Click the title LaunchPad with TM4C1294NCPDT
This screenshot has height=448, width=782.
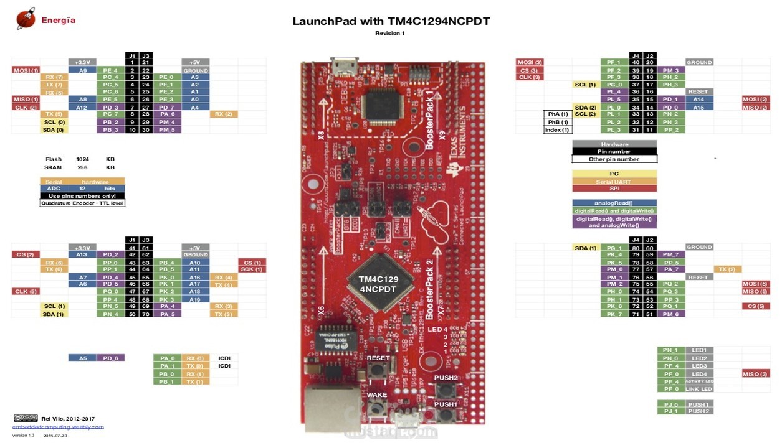391,22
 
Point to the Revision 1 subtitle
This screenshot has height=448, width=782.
389,34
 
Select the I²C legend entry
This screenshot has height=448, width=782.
614,174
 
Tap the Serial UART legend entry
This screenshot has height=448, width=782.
614,181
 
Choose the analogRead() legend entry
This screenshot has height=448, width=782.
614,203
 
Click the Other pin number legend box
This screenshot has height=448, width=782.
614,159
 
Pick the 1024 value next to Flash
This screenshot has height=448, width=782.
82,159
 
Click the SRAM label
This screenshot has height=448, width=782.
53,167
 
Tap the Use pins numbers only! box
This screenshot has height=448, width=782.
82,196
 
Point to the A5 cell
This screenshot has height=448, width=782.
82,358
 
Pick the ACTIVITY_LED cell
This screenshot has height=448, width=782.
699,381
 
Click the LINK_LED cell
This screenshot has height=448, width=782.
699,389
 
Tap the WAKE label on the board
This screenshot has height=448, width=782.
376,395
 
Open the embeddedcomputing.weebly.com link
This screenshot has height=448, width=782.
58,427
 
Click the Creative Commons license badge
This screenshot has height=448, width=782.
21,418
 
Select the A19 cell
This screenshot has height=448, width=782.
195,299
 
